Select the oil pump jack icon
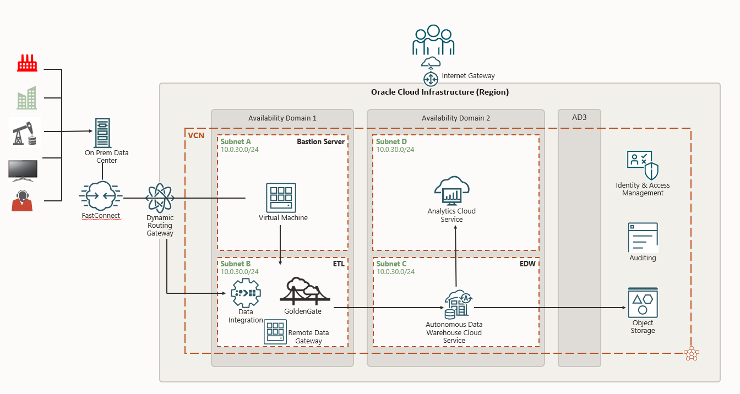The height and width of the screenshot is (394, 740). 25,132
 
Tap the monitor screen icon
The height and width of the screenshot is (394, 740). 23,171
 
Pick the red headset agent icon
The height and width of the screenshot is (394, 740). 23,201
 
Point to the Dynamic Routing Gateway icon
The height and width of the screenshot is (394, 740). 160,198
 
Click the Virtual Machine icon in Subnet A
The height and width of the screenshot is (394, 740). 281,198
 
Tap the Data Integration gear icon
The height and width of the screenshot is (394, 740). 244,293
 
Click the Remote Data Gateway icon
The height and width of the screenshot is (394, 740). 275,332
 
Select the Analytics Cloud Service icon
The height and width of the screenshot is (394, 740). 451,190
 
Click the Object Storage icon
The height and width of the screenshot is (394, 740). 643,303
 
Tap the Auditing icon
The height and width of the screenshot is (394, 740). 643,237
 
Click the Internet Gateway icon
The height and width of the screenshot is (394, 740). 431,79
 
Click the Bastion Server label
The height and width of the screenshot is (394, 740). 320,142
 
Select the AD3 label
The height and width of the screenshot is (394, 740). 579,118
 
